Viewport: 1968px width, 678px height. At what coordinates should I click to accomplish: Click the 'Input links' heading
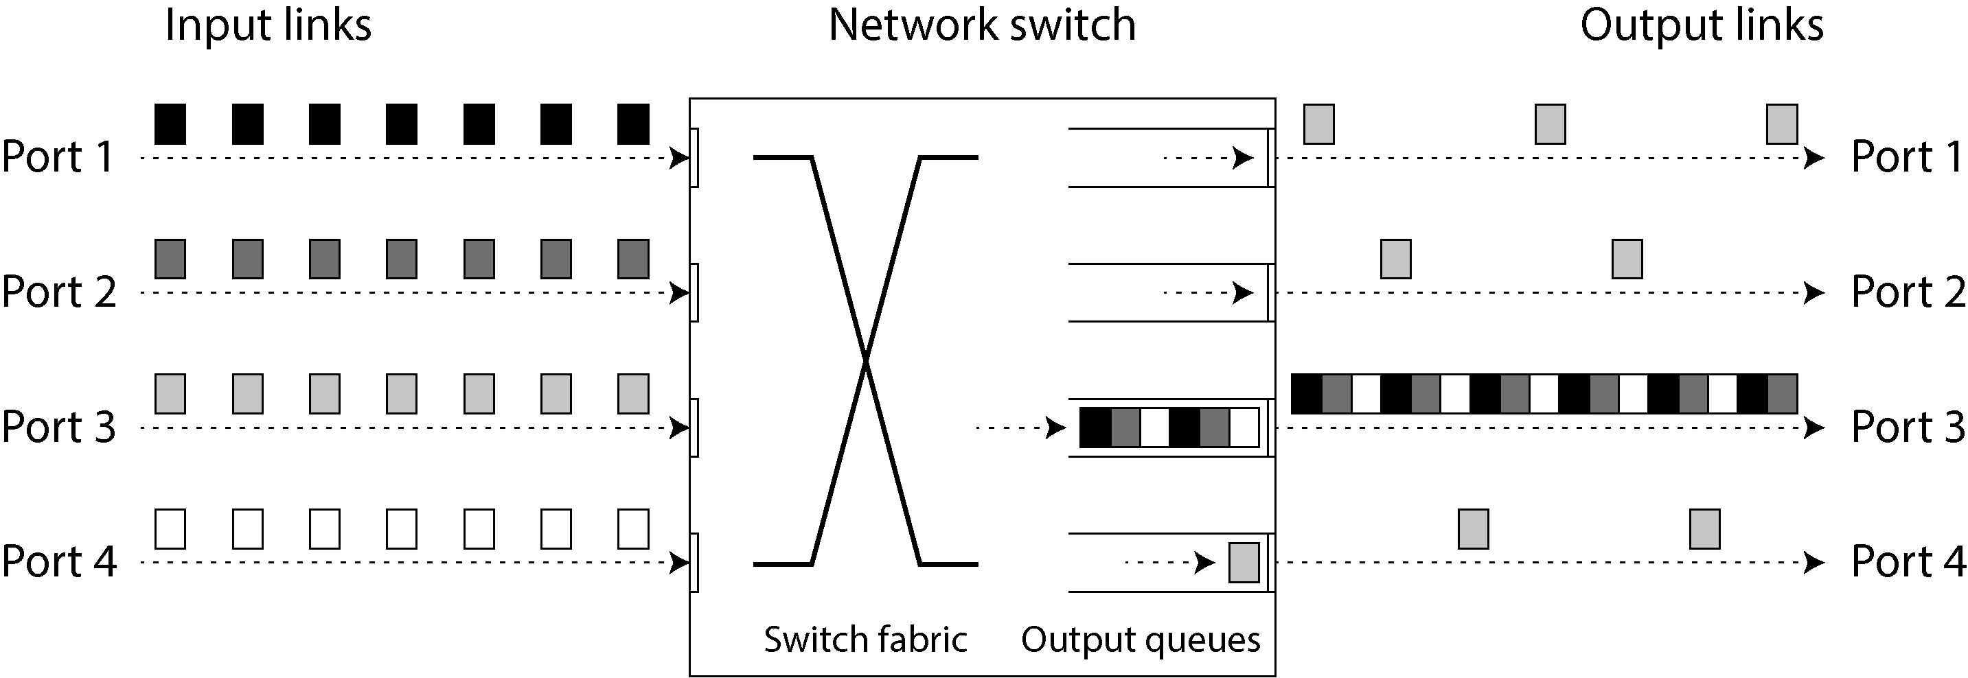268,25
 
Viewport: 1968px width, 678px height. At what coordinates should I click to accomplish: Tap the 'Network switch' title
983,25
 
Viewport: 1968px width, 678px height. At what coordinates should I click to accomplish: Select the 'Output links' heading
1702,25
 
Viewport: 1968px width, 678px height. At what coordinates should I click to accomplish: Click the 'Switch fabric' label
866,639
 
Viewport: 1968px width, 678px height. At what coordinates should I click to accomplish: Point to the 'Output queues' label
1141,640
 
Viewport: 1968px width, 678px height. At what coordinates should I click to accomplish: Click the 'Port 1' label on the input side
58,157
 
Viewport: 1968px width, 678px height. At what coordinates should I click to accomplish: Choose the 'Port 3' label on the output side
1908,427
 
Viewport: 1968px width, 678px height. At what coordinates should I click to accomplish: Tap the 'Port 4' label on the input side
59,562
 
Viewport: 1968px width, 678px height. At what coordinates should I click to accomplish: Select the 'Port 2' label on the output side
1908,292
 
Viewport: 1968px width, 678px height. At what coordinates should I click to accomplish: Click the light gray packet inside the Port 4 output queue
1244,563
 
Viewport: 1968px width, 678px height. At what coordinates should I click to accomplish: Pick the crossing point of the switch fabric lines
866,360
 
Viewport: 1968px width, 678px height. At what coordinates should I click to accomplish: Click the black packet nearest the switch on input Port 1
633,124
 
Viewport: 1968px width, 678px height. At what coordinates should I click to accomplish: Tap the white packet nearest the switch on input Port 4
633,529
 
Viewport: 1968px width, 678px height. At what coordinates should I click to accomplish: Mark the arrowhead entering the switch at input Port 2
679,293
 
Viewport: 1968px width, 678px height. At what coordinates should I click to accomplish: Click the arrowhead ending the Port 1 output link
1814,158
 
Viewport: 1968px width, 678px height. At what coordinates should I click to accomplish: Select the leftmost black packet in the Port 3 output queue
1095,428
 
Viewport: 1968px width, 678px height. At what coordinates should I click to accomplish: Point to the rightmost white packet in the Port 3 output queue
1244,428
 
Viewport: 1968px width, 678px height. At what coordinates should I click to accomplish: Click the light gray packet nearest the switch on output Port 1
1319,124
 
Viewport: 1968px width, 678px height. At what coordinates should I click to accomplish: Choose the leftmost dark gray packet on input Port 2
170,259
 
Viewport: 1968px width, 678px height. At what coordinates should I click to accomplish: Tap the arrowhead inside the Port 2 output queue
1243,293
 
